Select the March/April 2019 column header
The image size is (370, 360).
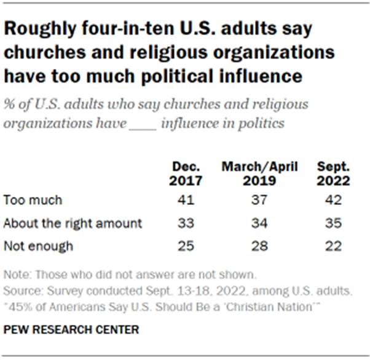(259, 174)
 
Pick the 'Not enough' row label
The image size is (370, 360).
(38, 246)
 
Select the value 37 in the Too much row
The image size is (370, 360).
(259, 199)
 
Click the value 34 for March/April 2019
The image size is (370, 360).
(259, 223)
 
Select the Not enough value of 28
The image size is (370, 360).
(259, 246)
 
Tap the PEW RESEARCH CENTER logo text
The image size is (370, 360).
(71, 330)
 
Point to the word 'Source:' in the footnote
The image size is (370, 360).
(20, 288)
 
